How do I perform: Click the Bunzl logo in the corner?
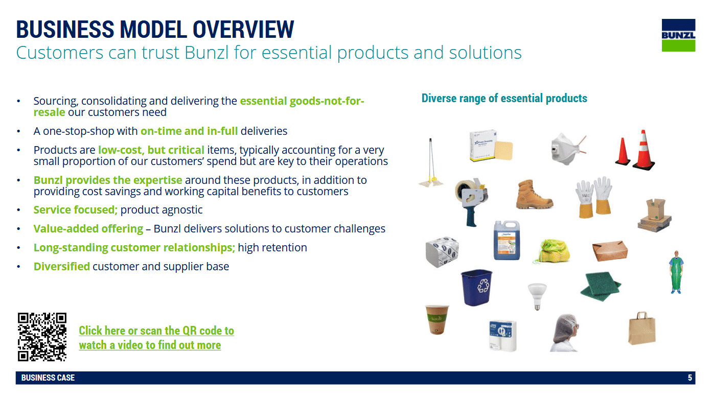pos(678,35)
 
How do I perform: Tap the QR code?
pos(42,337)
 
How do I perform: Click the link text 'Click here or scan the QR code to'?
pos(156,331)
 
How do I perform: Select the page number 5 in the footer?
pos(690,378)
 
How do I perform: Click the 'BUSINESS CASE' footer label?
pos(48,378)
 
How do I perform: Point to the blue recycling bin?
pos(476,287)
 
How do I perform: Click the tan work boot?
pos(534,195)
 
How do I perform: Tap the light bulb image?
pos(537,296)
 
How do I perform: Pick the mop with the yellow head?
pos(431,163)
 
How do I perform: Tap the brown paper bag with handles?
pos(641,328)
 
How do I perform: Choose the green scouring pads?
pos(601,286)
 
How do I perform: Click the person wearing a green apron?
pos(676,272)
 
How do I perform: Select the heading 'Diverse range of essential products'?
pos(504,98)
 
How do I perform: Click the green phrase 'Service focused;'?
pos(76,210)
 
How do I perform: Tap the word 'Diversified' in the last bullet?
pos(62,267)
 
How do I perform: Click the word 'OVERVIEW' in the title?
pos(243,30)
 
